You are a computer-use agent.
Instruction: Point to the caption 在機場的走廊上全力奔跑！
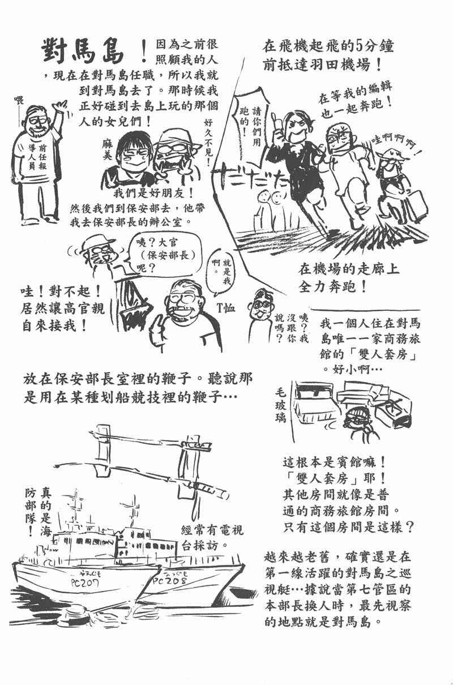point(349,277)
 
